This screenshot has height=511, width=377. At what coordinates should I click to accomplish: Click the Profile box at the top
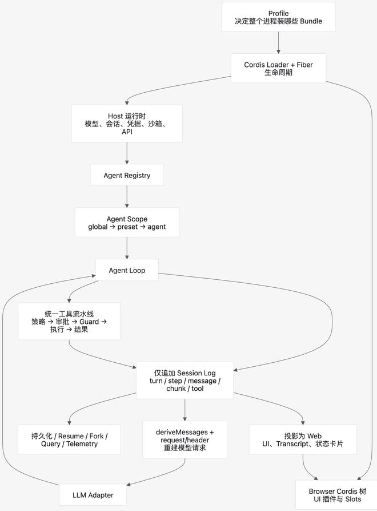[x=278, y=17]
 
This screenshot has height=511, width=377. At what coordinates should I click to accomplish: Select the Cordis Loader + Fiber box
[x=278, y=68]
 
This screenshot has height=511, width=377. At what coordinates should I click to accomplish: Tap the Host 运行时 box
[x=127, y=124]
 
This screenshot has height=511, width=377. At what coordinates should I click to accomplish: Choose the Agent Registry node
[x=127, y=175]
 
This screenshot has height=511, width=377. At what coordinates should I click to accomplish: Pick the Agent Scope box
[x=127, y=223]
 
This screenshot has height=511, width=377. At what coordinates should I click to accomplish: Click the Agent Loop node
[x=127, y=270]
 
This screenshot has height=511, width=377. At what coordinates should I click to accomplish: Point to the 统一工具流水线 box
[x=69, y=322]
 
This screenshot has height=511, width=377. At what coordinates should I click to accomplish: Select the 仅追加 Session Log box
[x=185, y=381]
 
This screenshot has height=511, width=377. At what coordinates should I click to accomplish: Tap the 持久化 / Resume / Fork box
[x=69, y=439]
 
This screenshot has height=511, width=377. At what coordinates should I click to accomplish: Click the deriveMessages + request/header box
[x=185, y=439]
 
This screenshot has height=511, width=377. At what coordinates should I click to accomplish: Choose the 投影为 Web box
[x=303, y=439]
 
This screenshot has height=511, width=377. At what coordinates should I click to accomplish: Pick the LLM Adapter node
[x=93, y=495]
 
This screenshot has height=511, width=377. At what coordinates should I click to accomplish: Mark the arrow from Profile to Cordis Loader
[x=278, y=43]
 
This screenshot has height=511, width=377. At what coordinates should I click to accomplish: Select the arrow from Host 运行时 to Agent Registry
[x=127, y=153]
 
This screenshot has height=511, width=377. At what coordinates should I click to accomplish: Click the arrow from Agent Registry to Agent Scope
[x=127, y=197]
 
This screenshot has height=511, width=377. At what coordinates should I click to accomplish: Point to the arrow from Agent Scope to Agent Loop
[x=127, y=248]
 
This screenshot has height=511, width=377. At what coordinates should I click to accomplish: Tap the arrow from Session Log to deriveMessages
[x=185, y=410]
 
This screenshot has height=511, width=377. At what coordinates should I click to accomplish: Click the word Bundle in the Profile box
[x=311, y=21]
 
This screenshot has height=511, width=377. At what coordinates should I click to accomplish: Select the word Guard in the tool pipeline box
[x=89, y=322]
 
